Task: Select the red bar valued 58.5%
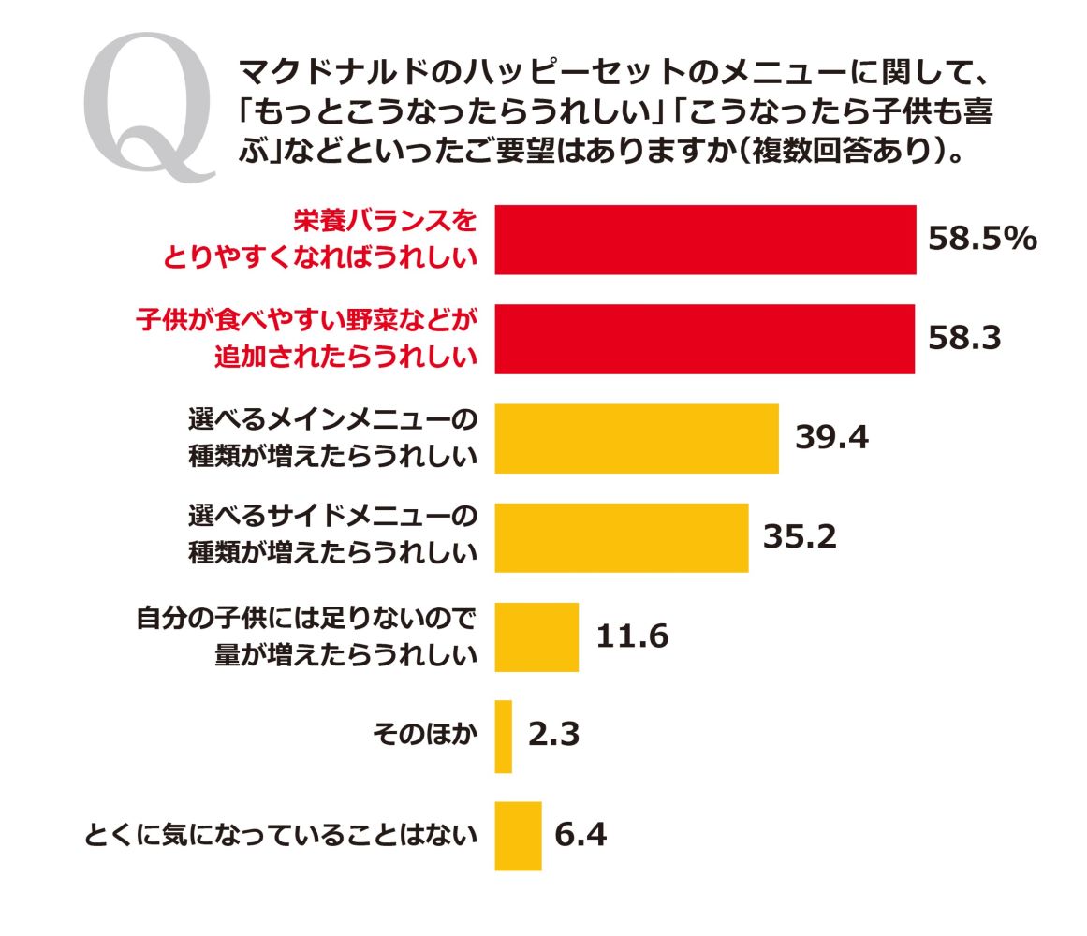pyautogui.click(x=704, y=240)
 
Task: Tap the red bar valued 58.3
pyautogui.click(x=704, y=339)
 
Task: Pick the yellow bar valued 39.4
pyautogui.click(x=636, y=438)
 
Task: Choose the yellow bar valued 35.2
pyautogui.click(x=621, y=537)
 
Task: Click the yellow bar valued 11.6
pyautogui.click(x=536, y=636)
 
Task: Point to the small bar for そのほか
pyautogui.click(x=503, y=737)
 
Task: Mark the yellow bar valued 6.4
pyautogui.click(x=518, y=836)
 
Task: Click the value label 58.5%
pyautogui.click(x=982, y=240)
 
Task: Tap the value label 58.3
pyautogui.click(x=964, y=339)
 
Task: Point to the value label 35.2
pyautogui.click(x=799, y=536)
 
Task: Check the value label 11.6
pyautogui.click(x=632, y=636)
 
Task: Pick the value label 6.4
pyautogui.click(x=580, y=835)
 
